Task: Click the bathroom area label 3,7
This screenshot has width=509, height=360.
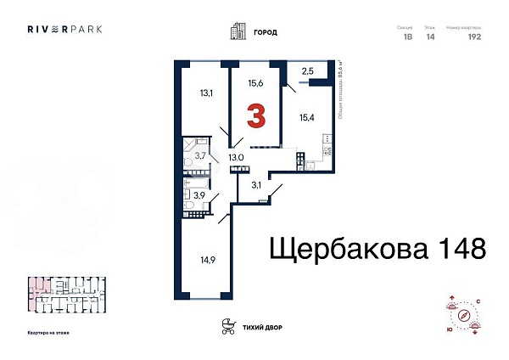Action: (201, 155)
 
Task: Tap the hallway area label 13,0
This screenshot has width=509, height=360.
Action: (235, 156)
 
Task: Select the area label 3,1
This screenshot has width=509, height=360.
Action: (255, 183)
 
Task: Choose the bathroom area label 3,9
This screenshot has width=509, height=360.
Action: (201, 194)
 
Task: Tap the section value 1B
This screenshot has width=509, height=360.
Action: (406, 37)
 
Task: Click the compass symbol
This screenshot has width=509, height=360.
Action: (463, 316)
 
